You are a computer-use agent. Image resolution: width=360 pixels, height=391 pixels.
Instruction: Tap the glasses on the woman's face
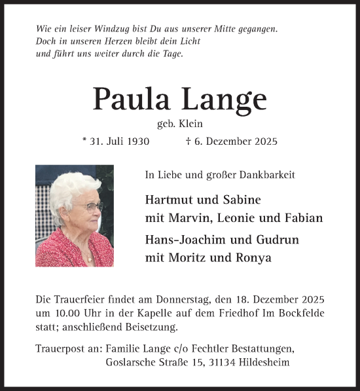point(93,207)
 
